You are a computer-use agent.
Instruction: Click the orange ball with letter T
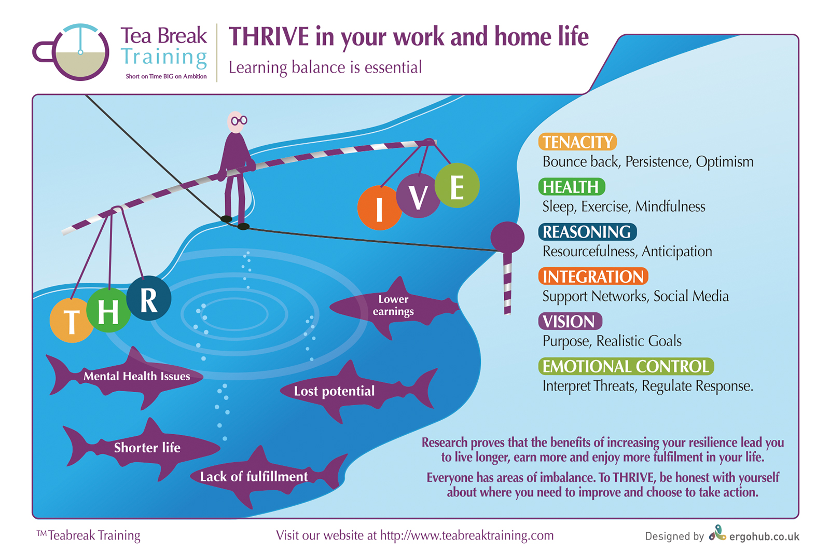(72, 320)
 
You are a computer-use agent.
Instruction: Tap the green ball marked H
(108, 310)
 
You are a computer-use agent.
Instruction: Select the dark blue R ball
(148, 298)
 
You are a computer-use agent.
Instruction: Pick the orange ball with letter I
(380, 208)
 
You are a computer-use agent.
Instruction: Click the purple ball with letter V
(418, 196)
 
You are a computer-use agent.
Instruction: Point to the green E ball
(457, 185)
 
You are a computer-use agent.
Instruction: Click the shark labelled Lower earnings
(394, 307)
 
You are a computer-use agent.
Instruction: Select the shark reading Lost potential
(358, 391)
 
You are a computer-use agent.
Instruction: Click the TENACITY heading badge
(577, 142)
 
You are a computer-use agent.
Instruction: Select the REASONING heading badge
(587, 232)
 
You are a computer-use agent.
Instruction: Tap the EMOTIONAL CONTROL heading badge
(626, 366)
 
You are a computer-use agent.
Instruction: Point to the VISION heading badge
(570, 321)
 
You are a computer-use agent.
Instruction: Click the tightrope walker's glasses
(239, 120)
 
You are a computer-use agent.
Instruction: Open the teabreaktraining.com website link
(467, 535)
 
